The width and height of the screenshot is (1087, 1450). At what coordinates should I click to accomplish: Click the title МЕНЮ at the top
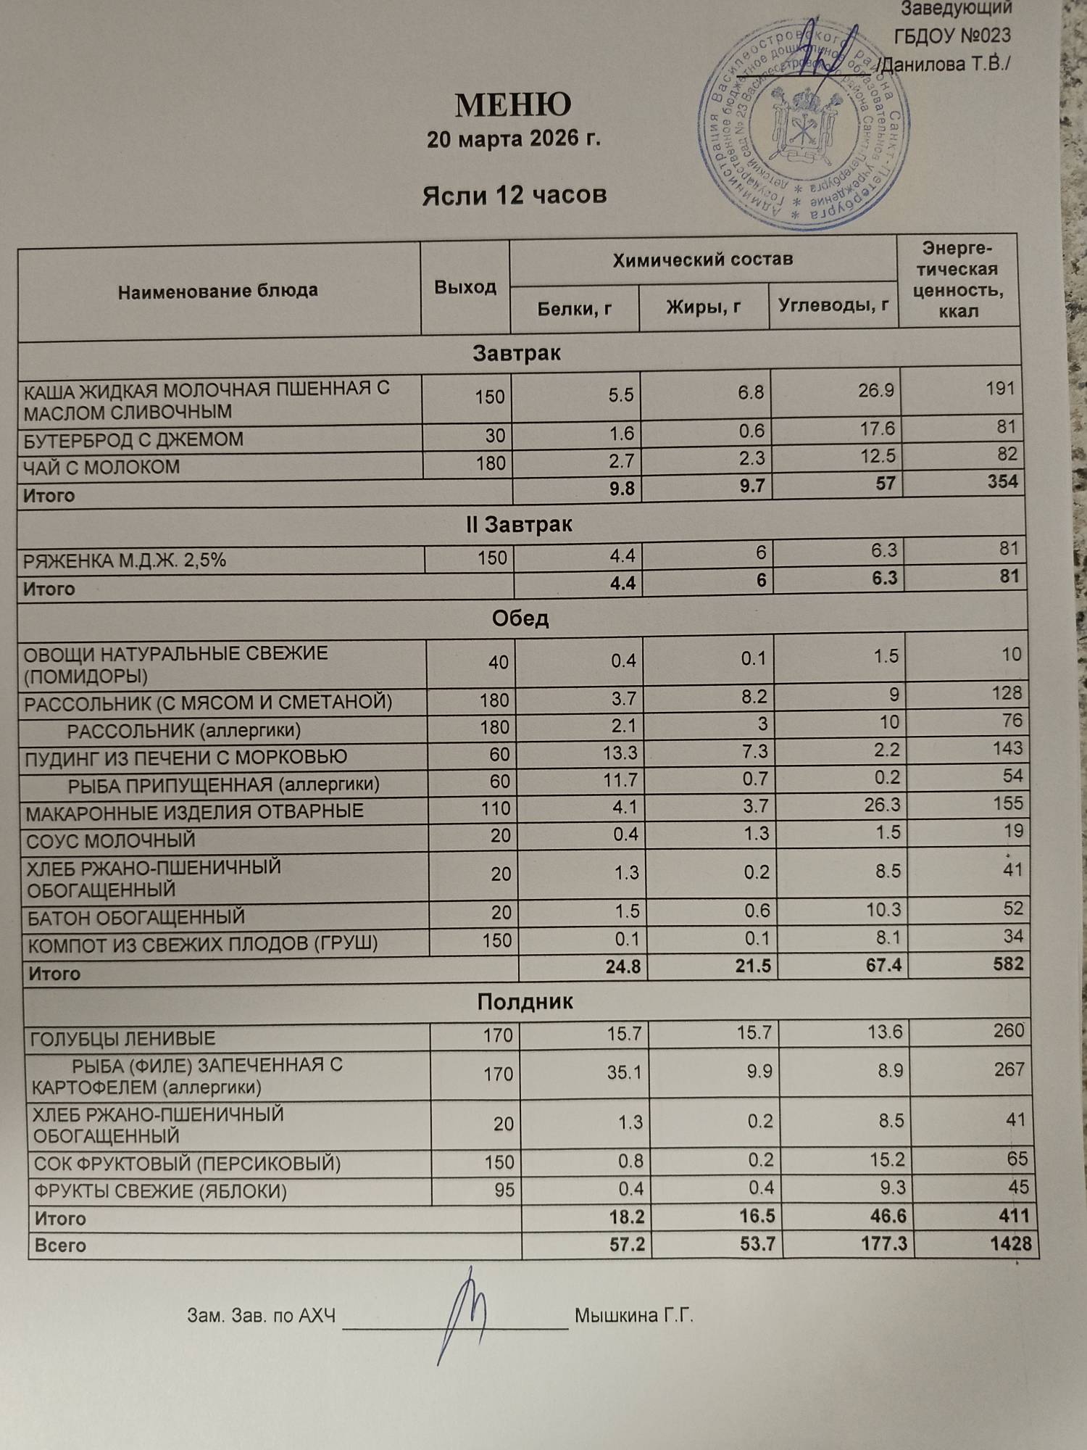tap(512, 106)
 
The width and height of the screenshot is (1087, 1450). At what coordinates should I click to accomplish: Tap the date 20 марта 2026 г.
tap(514, 138)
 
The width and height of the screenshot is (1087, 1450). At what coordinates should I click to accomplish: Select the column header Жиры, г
tap(703, 307)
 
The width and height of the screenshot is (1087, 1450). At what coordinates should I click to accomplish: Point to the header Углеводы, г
tap(833, 305)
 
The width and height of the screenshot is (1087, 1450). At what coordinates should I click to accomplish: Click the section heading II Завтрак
tap(519, 524)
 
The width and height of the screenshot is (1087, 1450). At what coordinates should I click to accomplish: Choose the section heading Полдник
tap(525, 1002)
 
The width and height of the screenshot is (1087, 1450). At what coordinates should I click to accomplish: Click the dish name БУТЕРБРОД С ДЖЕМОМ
tap(133, 439)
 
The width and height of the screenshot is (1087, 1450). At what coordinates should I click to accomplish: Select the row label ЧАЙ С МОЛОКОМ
tap(101, 467)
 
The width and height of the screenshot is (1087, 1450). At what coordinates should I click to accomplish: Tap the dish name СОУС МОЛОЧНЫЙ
tap(111, 841)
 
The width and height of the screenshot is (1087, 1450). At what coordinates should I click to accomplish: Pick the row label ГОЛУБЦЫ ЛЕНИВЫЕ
tap(122, 1039)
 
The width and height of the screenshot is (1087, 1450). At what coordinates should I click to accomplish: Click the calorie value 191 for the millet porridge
tap(1000, 389)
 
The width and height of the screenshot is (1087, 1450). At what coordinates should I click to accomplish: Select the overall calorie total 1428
tap(1010, 1243)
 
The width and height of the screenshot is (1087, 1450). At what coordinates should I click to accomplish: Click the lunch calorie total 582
tap(1008, 964)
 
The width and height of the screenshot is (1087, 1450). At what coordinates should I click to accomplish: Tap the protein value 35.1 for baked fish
tap(623, 1072)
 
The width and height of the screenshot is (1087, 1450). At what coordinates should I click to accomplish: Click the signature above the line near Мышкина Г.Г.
tap(462, 1315)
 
